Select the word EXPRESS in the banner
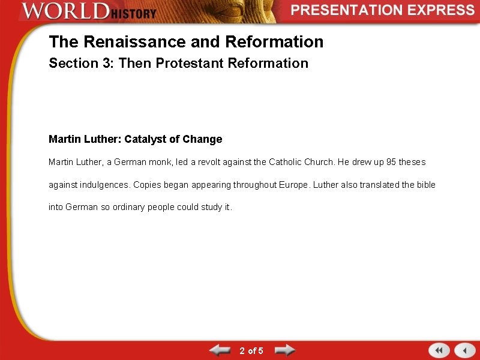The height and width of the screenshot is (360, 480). pos(442,10)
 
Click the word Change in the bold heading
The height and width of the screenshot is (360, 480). pos(202,139)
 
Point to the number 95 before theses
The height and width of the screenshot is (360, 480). pos(392,162)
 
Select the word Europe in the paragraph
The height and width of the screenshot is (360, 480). pos(294,185)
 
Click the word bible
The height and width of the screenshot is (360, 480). pos(425,185)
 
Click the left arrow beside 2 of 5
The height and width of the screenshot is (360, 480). pos(219,350)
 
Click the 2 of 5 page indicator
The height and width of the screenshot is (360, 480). pos(251,350)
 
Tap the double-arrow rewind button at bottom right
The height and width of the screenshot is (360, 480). pos(439,350)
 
